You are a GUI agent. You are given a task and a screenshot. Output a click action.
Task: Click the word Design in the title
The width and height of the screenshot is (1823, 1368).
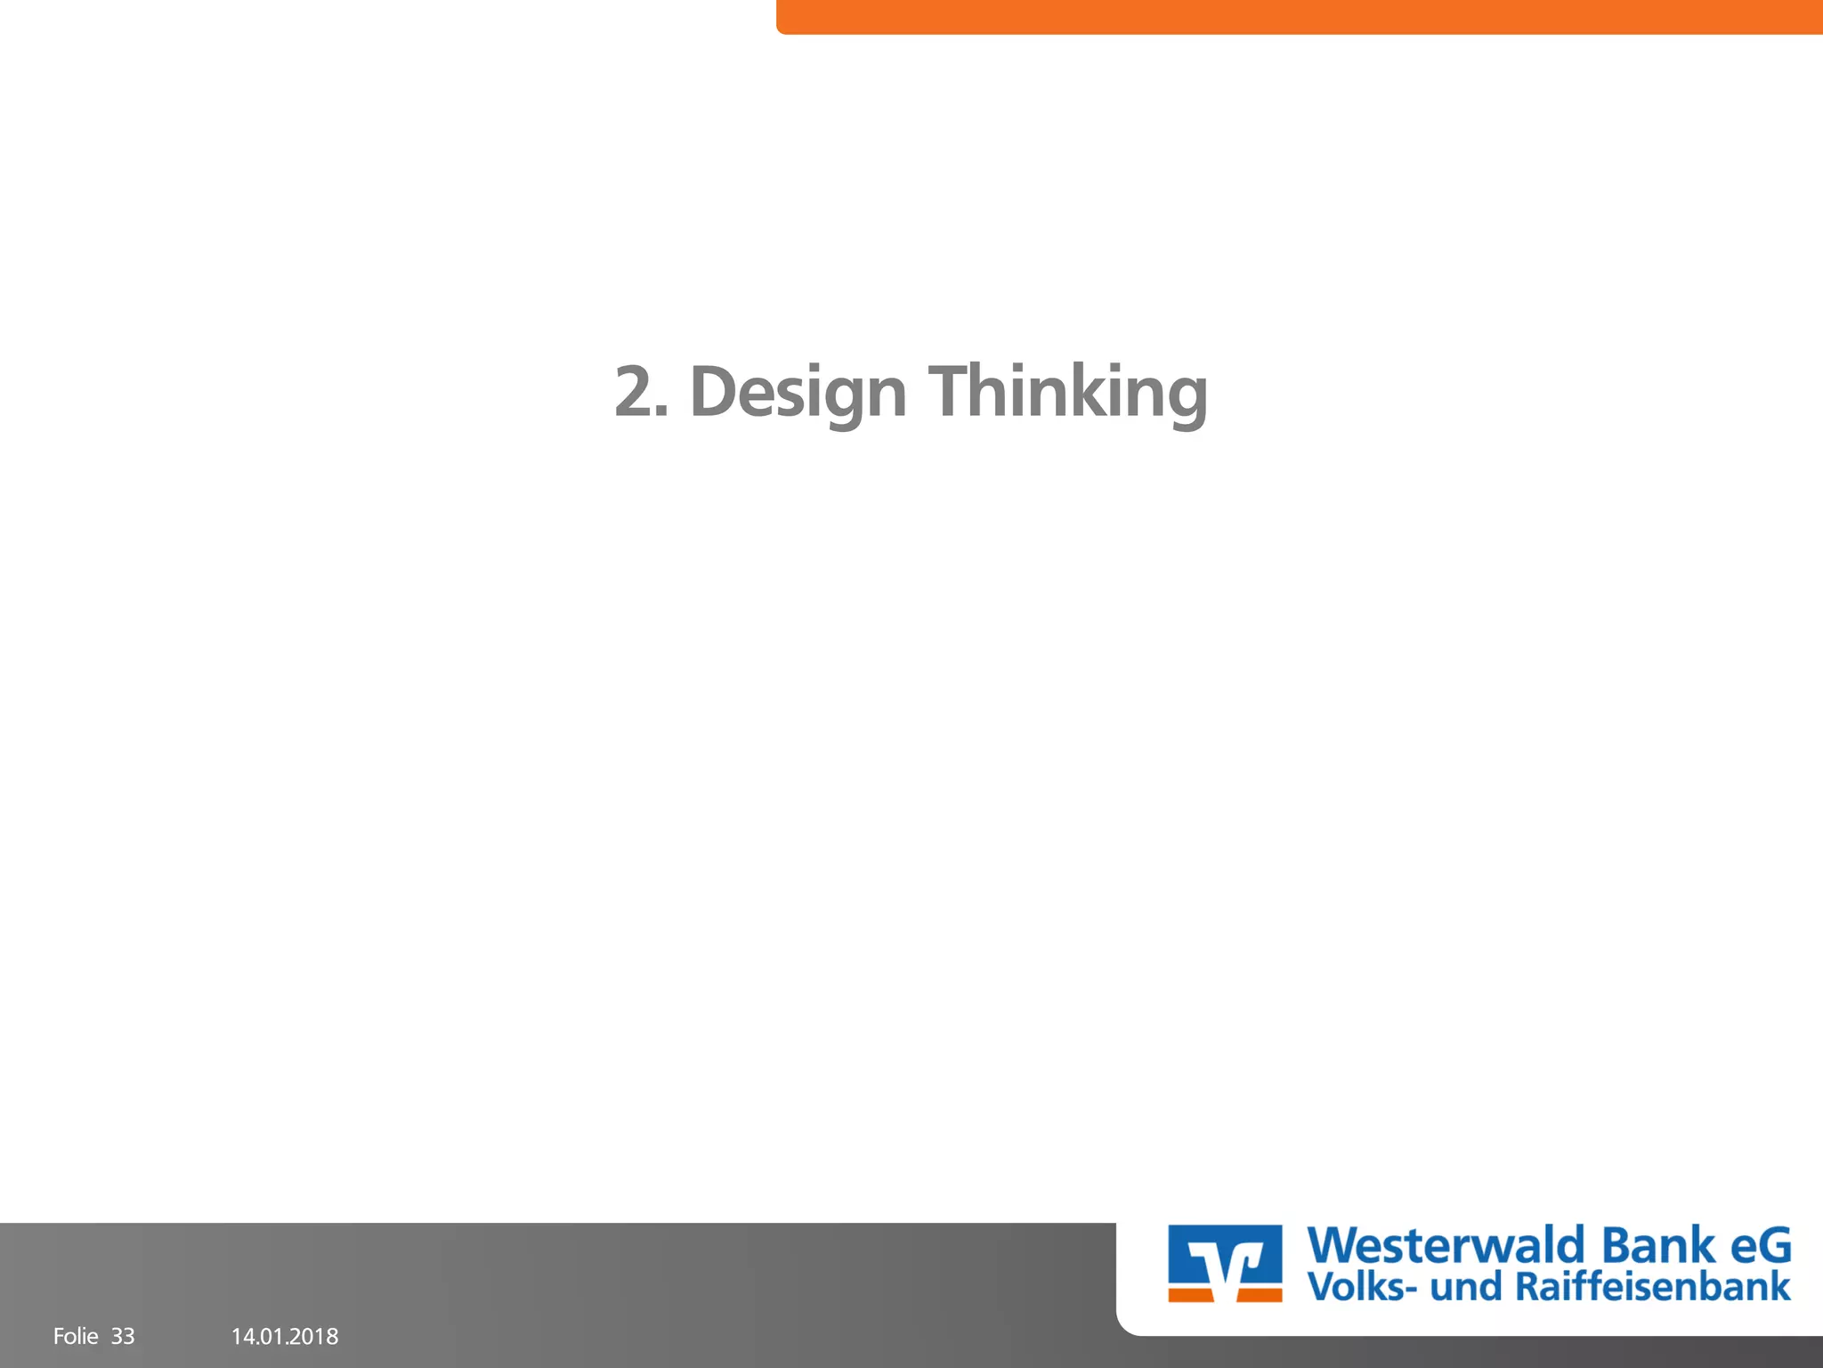(798, 392)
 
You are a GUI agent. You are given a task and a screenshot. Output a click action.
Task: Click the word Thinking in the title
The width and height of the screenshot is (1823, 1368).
(1068, 392)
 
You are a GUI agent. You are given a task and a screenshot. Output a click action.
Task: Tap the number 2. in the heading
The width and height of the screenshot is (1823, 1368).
(641, 392)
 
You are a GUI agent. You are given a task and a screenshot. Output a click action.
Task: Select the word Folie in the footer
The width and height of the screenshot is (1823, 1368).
(76, 1336)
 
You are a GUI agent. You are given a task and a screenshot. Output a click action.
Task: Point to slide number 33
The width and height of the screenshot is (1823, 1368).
(123, 1336)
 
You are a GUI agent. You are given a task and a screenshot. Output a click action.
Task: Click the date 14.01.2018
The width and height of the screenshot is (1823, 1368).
(285, 1336)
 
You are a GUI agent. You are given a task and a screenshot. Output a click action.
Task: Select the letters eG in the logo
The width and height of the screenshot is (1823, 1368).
(1760, 1245)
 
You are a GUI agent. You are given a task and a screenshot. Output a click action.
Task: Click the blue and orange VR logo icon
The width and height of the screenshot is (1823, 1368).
(1225, 1263)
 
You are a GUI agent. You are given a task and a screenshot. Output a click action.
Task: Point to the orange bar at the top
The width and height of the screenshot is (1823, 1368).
(1300, 16)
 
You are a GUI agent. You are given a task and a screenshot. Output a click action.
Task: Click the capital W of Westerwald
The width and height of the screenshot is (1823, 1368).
(1335, 1245)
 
